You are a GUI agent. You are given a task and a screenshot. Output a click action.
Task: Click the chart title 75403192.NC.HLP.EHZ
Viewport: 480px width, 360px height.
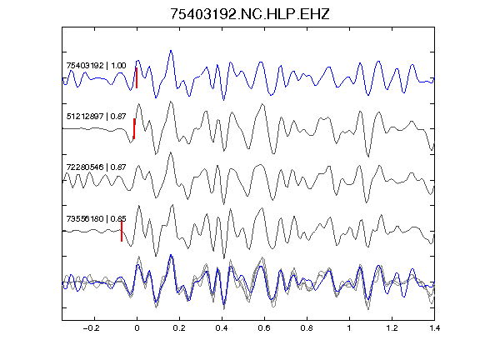[x=250, y=14]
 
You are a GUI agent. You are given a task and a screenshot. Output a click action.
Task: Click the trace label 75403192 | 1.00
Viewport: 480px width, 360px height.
[x=96, y=66]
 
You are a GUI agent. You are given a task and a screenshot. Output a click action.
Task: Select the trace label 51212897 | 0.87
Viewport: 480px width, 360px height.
[x=96, y=117]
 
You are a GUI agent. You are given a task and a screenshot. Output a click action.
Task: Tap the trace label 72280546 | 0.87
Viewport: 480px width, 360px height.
[x=96, y=167]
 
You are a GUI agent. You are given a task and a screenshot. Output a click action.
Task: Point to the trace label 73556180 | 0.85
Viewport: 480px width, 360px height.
[x=96, y=218]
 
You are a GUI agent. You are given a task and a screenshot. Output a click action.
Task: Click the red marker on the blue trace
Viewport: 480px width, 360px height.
[x=137, y=78]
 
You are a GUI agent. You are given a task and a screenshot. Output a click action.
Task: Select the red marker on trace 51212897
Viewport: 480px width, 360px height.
[x=134, y=129]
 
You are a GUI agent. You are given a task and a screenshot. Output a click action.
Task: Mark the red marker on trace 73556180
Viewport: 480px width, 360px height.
[x=122, y=232]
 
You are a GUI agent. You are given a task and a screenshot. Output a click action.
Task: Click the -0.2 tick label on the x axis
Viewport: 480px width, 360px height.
[x=92, y=328]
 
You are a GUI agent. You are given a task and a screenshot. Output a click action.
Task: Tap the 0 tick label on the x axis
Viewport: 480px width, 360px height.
[x=137, y=328]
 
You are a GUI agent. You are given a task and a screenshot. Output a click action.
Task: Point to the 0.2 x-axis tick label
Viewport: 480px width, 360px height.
[x=179, y=328]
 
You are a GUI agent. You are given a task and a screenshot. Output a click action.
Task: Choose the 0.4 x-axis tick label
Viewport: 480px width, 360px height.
[x=222, y=328]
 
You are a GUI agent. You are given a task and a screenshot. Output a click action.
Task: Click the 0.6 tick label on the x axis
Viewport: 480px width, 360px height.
[x=264, y=328]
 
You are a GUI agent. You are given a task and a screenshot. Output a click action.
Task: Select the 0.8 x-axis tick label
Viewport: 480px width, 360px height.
[x=307, y=328]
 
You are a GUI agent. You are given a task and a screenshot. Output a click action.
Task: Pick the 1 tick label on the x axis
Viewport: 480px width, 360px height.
[x=349, y=328]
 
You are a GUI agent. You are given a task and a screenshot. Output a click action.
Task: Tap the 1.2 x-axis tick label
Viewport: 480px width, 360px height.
[x=392, y=328]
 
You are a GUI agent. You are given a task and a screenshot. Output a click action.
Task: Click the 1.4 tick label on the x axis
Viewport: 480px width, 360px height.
[x=434, y=328]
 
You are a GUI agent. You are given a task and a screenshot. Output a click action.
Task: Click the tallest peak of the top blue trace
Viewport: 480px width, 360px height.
[x=171, y=51]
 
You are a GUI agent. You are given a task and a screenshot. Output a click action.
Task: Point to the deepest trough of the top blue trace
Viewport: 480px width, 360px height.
[x=224, y=100]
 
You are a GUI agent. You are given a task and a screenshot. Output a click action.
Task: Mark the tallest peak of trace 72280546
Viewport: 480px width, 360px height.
[x=171, y=152]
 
